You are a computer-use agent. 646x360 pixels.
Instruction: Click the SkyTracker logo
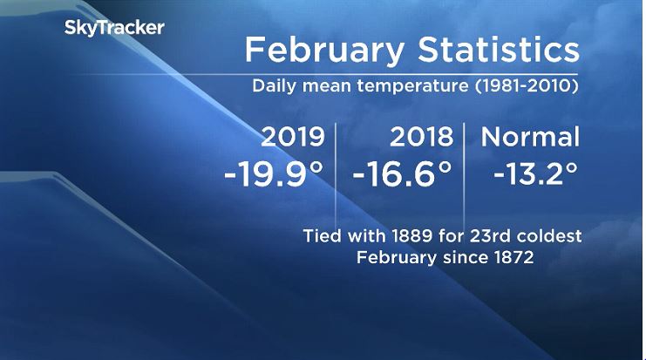(x=114, y=28)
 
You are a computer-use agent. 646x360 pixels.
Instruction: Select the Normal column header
(x=530, y=137)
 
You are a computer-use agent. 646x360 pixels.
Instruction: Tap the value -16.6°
(x=402, y=173)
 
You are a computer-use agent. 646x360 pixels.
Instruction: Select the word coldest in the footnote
(x=545, y=236)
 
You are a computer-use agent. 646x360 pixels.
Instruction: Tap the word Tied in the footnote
(x=323, y=236)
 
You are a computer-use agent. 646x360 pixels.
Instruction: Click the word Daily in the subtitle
(x=273, y=88)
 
